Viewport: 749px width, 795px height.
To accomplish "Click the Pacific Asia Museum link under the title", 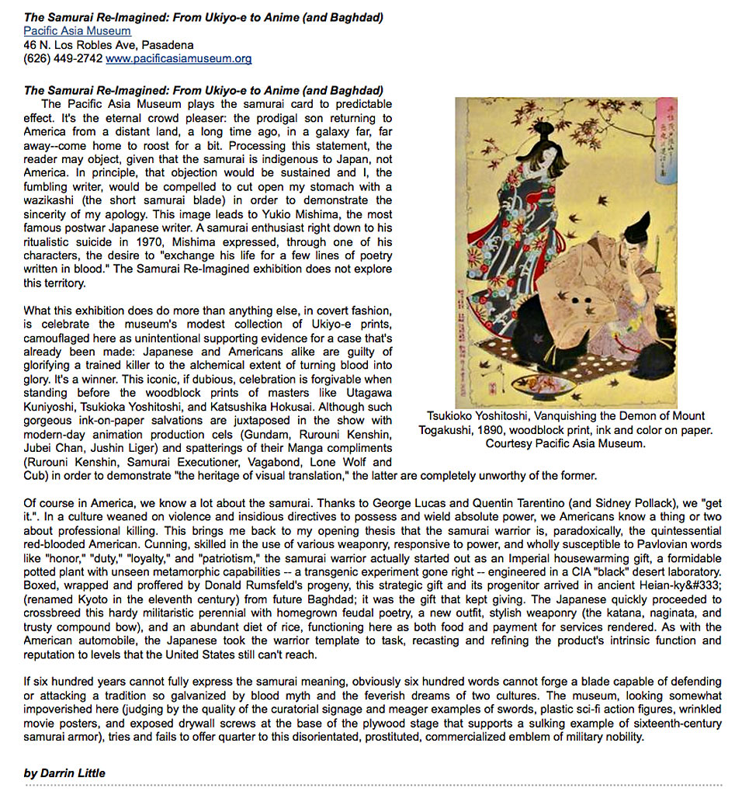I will (x=77, y=31).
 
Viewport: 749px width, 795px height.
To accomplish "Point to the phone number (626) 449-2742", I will (x=63, y=58).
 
